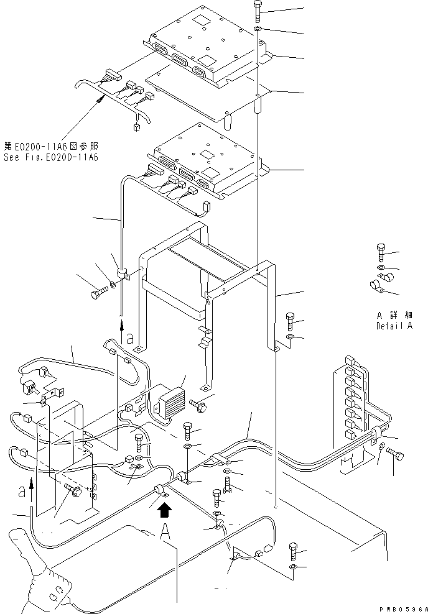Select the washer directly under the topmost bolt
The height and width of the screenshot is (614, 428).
point(258,29)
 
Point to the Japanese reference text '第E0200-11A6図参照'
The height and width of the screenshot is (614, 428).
point(50,147)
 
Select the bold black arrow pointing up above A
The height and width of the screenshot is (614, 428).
point(164,510)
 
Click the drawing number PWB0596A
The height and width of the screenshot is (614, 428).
point(402,609)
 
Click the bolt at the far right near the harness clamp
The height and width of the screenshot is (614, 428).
point(394,457)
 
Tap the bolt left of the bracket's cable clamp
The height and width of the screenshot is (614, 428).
point(98,292)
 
